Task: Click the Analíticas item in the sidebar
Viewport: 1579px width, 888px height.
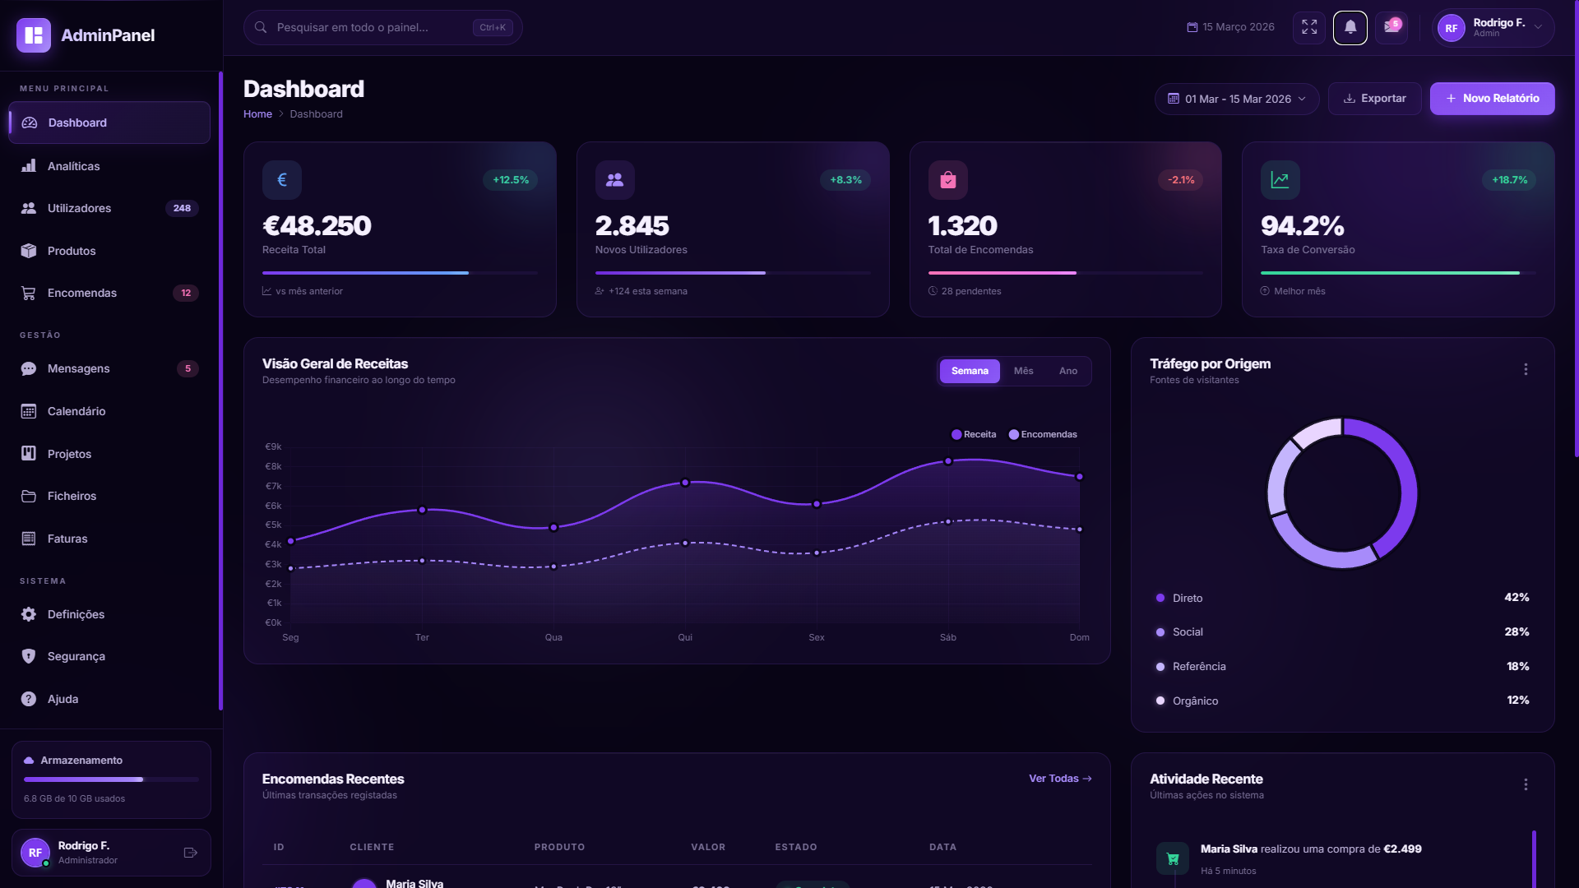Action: click(73, 166)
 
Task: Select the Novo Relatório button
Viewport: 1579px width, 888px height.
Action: click(1492, 99)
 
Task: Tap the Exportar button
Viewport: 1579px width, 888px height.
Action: click(1374, 99)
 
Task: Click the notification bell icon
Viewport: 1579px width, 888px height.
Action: click(1350, 28)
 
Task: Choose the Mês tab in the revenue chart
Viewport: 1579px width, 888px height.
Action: click(1023, 371)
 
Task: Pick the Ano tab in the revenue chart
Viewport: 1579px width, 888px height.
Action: click(1067, 371)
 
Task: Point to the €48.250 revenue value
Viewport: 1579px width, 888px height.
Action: click(317, 225)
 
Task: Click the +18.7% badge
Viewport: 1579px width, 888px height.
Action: click(1509, 180)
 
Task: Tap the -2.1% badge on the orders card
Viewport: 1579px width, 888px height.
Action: click(1181, 180)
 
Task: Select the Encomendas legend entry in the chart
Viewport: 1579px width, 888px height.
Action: click(1043, 434)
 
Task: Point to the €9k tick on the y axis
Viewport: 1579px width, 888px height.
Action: click(273, 446)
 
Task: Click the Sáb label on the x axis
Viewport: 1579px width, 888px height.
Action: click(947, 637)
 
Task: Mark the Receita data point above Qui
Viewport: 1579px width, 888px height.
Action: click(685, 483)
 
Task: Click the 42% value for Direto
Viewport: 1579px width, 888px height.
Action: click(1516, 598)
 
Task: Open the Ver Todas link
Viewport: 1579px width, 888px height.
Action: click(1059, 779)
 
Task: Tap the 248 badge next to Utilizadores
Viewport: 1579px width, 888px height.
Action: click(182, 209)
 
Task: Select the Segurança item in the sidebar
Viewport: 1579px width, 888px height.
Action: click(76, 656)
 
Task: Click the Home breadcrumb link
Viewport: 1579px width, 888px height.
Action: click(257, 114)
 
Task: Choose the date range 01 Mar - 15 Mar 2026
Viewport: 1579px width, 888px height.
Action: click(1236, 99)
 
